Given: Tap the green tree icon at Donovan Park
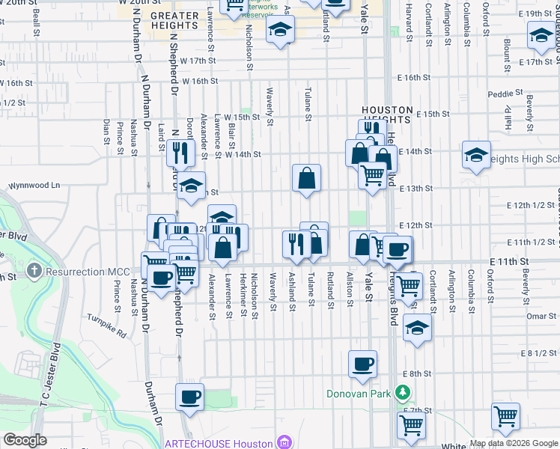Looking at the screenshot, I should [403, 393].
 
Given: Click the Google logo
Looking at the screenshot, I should [25, 440].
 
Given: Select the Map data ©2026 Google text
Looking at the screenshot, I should [513, 443].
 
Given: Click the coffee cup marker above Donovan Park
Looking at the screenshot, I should [363, 364].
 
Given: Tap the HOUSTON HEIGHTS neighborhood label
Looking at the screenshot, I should [386, 114].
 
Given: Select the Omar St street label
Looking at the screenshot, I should [538, 316].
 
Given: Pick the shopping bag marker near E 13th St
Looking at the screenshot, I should [306, 178].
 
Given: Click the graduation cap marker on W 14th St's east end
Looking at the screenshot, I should [476, 155].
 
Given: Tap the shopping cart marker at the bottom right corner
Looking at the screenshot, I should [506, 416].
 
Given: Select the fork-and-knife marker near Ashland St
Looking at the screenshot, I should [296, 244].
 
